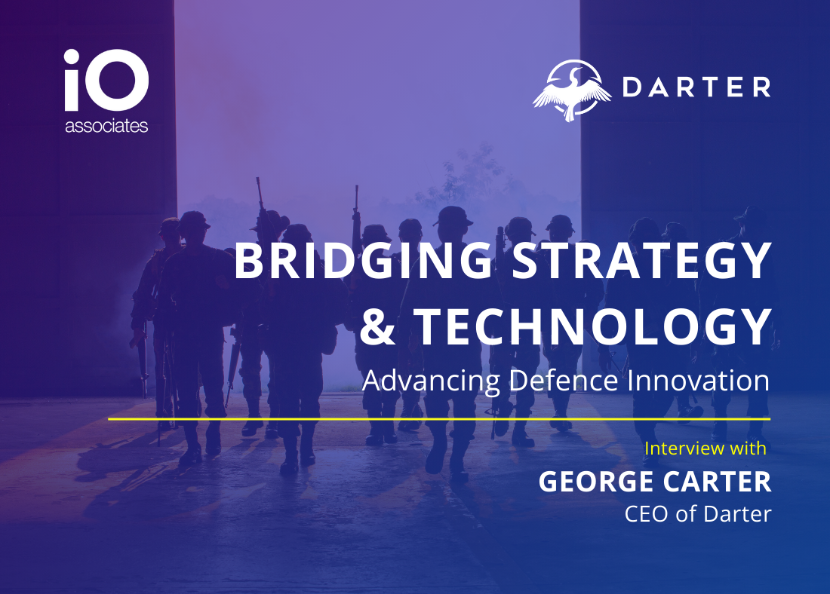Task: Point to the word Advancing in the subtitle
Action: pyautogui.click(x=431, y=381)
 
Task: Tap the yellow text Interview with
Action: pyautogui.click(x=705, y=449)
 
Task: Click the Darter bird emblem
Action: pyautogui.click(x=572, y=90)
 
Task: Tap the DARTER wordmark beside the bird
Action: pyautogui.click(x=696, y=87)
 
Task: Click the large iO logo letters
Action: pyautogui.click(x=106, y=80)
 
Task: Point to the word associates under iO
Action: pyautogui.click(x=106, y=126)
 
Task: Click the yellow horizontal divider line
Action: pyautogui.click(x=439, y=419)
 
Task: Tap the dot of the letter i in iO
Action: pyautogui.click(x=72, y=56)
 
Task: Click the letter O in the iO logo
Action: pyautogui.click(x=118, y=80)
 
